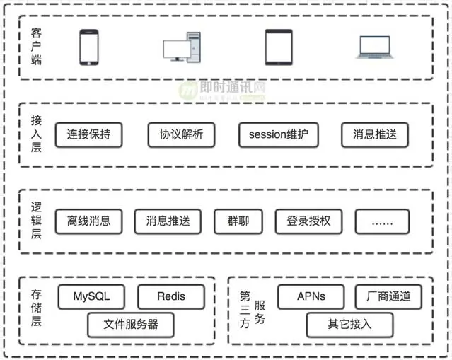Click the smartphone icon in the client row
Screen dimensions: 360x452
tap(88, 47)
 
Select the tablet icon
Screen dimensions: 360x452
tap(278, 47)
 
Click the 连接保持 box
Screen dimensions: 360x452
tap(88, 134)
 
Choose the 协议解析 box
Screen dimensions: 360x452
tap(181, 134)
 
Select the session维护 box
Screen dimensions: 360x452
tap(278, 134)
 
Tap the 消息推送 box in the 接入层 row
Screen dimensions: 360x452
tap(374, 134)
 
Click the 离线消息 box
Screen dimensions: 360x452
tap(88, 221)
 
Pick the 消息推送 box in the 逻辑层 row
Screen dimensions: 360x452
tap(168, 221)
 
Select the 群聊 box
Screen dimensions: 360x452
tap(233, 221)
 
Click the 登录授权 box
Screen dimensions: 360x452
tap(308, 221)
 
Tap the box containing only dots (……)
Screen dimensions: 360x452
tap(382, 221)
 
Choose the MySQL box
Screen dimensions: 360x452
tap(92, 296)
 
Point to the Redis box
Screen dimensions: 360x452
tap(170, 296)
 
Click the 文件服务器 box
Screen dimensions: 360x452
tap(131, 325)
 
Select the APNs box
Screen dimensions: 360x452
tap(311, 296)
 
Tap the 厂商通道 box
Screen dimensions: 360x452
tap(388, 296)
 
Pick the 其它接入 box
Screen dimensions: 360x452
tap(349, 325)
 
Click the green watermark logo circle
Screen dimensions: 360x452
tap(188, 91)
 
